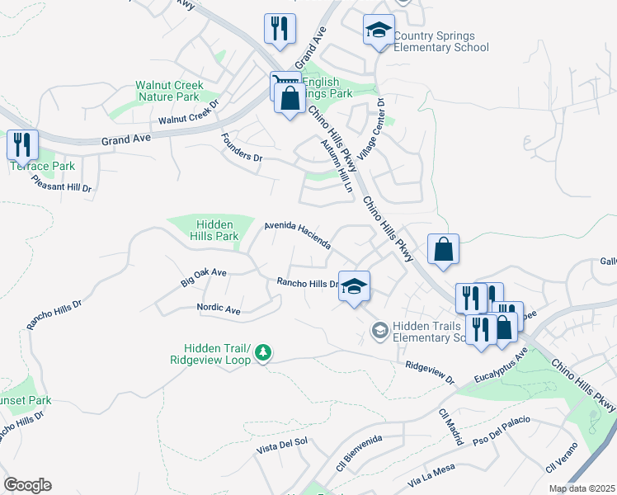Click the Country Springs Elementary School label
pyautogui.click(x=440, y=41)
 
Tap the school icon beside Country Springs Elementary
pyautogui.click(x=379, y=31)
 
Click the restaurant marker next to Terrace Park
pyautogui.click(x=22, y=145)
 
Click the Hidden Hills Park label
pyautogui.click(x=215, y=230)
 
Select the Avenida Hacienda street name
pyautogui.click(x=298, y=235)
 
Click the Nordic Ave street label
pyautogui.click(x=219, y=309)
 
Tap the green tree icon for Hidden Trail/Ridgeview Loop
pyautogui.click(x=263, y=353)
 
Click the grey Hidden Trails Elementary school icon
pyautogui.click(x=379, y=331)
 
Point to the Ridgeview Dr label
pyautogui.click(x=430, y=373)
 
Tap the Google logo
pyautogui.click(x=27, y=485)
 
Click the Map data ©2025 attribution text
pyautogui.click(x=582, y=488)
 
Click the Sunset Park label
pyautogui.click(x=25, y=400)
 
